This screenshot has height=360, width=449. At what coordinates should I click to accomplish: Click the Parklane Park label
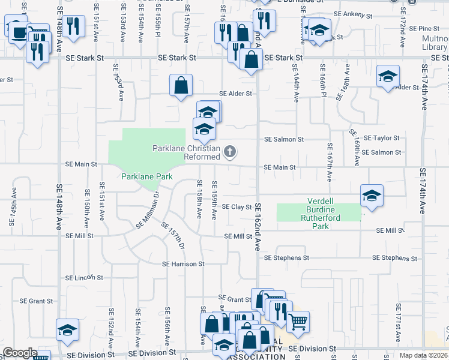click(146, 176)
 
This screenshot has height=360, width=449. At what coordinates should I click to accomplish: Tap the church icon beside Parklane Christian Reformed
click(229, 152)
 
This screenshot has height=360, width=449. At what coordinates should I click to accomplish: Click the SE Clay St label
click(237, 207)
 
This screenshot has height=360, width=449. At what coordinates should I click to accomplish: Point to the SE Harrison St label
click(183, 264)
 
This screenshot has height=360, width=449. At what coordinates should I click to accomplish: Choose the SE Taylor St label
click(381, 138)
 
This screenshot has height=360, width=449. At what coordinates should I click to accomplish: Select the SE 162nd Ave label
click(259, 226)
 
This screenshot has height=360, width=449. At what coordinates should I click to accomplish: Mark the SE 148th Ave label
click(59, 205)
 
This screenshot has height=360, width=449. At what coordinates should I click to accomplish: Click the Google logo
click(20, 353)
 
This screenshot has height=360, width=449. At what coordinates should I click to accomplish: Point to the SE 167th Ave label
click(330, 163)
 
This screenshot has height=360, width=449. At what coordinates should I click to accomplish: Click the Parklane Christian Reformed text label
click(186, 152)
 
